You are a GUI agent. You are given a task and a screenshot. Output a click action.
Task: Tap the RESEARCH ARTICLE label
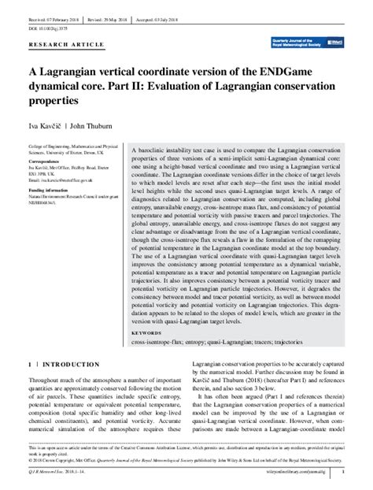click(56, 46)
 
